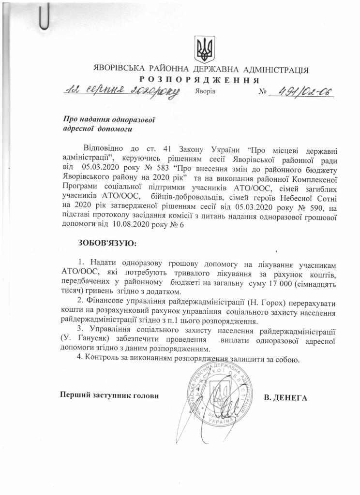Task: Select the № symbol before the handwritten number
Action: coord(263,92)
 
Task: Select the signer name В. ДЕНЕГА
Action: coord(286,398)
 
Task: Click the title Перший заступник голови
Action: coord(109,395)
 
